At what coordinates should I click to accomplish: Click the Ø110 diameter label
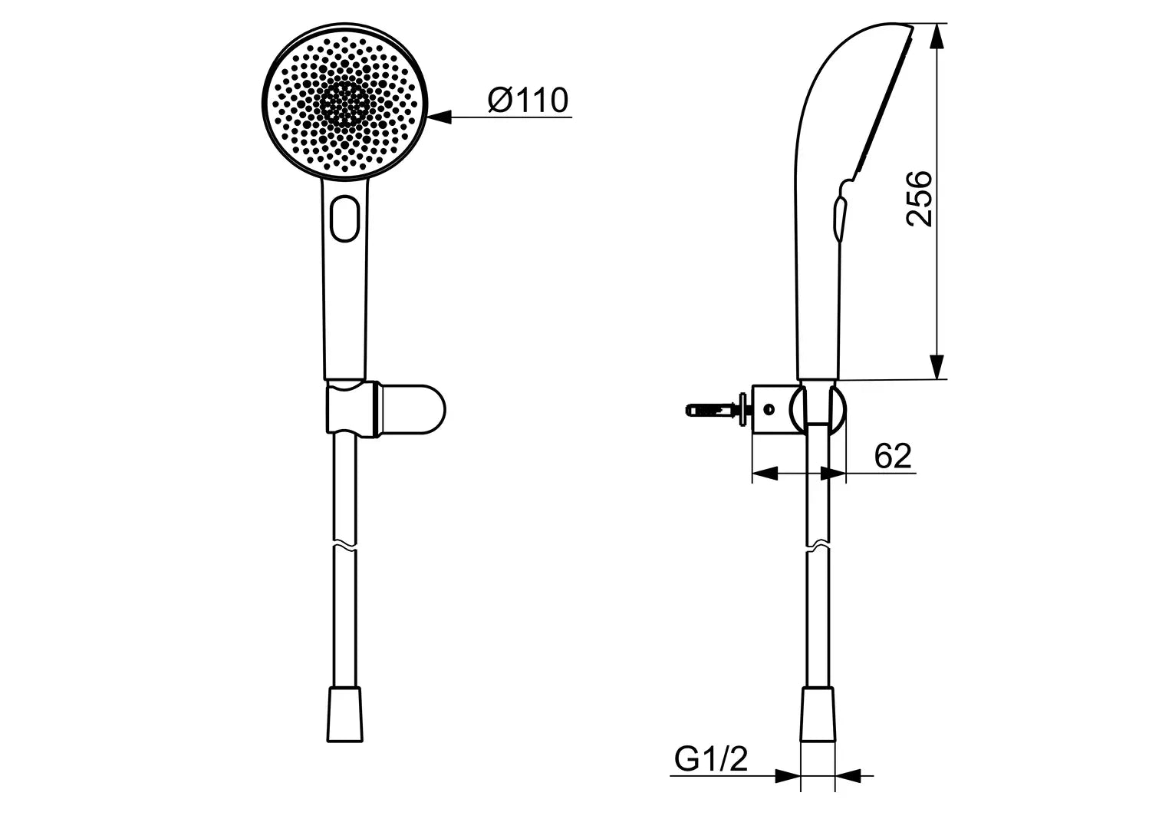tap(528, 101)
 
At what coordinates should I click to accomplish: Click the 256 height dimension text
tap(920, 199)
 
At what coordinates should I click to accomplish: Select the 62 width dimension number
tap(893, 457)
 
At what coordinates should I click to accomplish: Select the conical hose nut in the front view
tap(344, 714)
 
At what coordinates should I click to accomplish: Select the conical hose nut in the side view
tap(818, 714)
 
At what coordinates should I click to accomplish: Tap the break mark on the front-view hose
tap(344, 547)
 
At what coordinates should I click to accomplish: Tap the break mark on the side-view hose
tap(818, 544)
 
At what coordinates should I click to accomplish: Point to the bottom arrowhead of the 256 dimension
tap(937, 366)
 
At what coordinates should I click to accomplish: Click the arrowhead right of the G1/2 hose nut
tap(848, 776)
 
